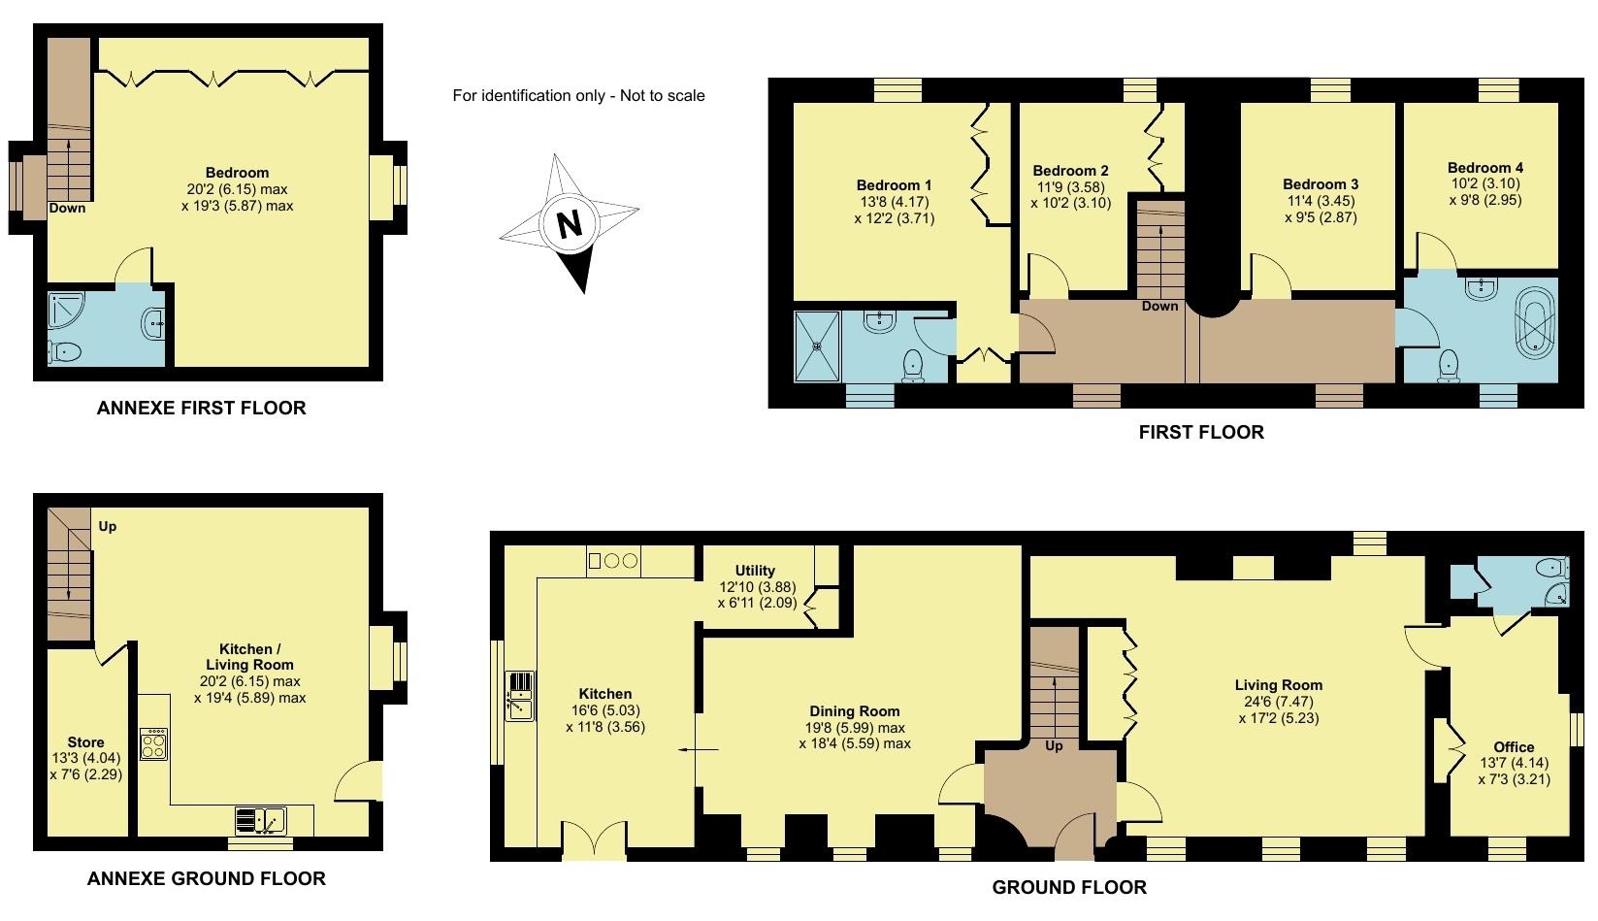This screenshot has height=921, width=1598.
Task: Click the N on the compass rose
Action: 570,224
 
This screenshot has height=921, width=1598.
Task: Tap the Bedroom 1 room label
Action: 894,185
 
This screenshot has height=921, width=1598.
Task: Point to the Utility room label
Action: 755,571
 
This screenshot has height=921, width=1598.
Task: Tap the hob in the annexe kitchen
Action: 153,744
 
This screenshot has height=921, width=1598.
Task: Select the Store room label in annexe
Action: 85,742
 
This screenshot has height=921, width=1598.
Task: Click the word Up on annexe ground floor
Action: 108,526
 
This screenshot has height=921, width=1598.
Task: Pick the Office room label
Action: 1514,746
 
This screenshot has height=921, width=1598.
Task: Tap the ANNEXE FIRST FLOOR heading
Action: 201,409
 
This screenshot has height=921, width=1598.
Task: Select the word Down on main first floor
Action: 1159,306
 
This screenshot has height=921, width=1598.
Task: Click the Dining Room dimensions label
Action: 854,736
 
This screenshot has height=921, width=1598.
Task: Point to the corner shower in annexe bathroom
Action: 66,309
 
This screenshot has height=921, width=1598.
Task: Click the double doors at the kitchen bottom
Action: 594,840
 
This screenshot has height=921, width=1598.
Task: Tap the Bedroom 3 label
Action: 1320,184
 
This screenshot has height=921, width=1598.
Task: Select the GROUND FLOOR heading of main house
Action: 1068,887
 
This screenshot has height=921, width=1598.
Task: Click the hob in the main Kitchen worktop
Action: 613,561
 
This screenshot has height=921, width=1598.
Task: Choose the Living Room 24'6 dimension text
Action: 1278,702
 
